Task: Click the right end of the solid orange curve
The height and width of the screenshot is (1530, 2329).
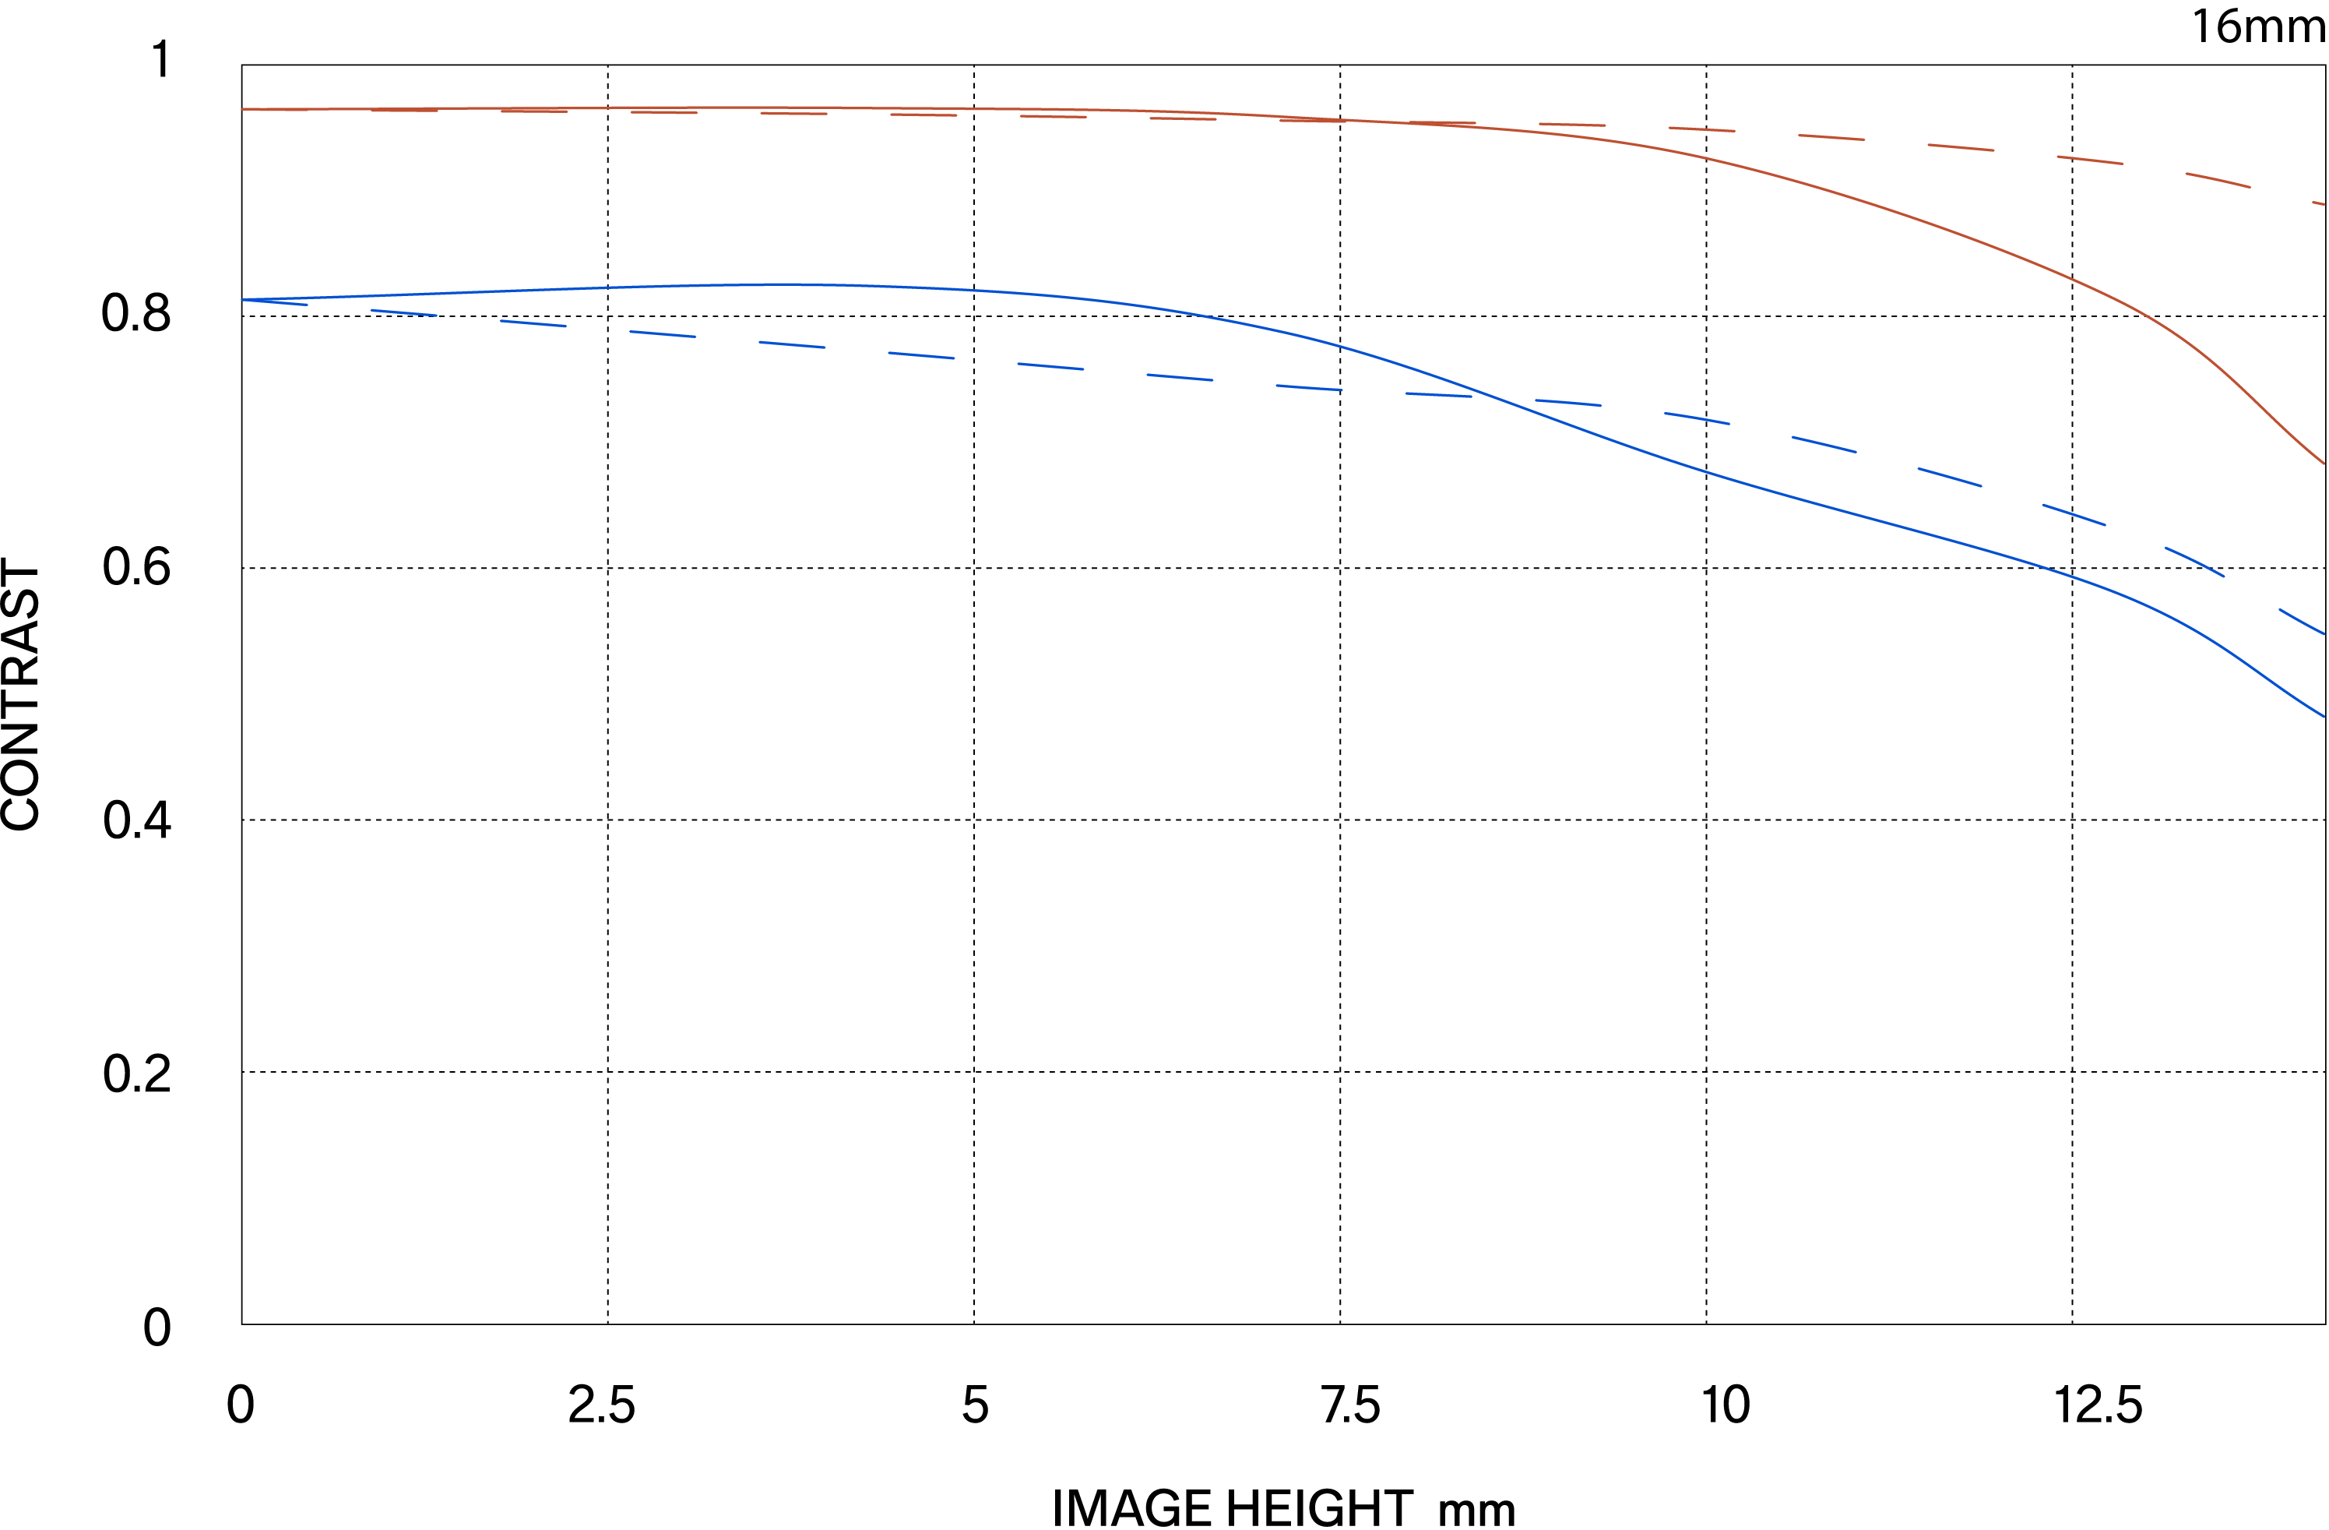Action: (x=2323, y=463)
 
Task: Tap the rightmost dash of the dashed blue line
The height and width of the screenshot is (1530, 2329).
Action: (x=2303, y=622)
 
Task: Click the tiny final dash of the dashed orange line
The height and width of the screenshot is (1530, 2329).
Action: (x=2318, y=203)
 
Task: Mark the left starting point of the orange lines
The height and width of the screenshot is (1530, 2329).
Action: (x=243, y=108)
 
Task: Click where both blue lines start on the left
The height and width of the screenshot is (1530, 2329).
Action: (x=244, y=300)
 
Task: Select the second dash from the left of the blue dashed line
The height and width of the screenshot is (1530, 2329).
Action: (x=403, y=312)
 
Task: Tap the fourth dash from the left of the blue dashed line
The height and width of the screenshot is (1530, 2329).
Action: (x=663, y=333)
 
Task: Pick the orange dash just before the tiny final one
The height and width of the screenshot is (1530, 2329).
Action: (x=2218, y=179)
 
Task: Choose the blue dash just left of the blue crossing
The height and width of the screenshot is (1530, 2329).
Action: (x=1438, y=394)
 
